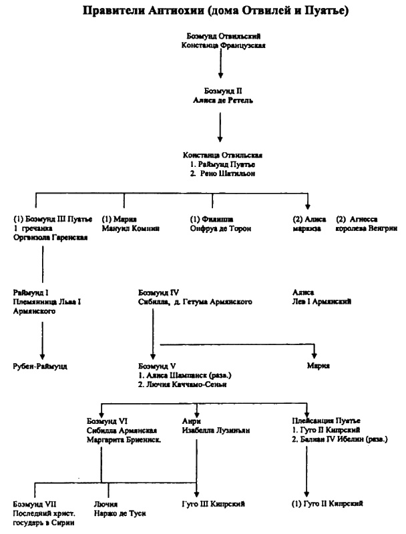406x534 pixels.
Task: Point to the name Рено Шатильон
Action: [224, 173]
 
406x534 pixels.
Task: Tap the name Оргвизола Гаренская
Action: [51, 238]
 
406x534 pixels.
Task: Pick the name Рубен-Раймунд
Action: [41, 366]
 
